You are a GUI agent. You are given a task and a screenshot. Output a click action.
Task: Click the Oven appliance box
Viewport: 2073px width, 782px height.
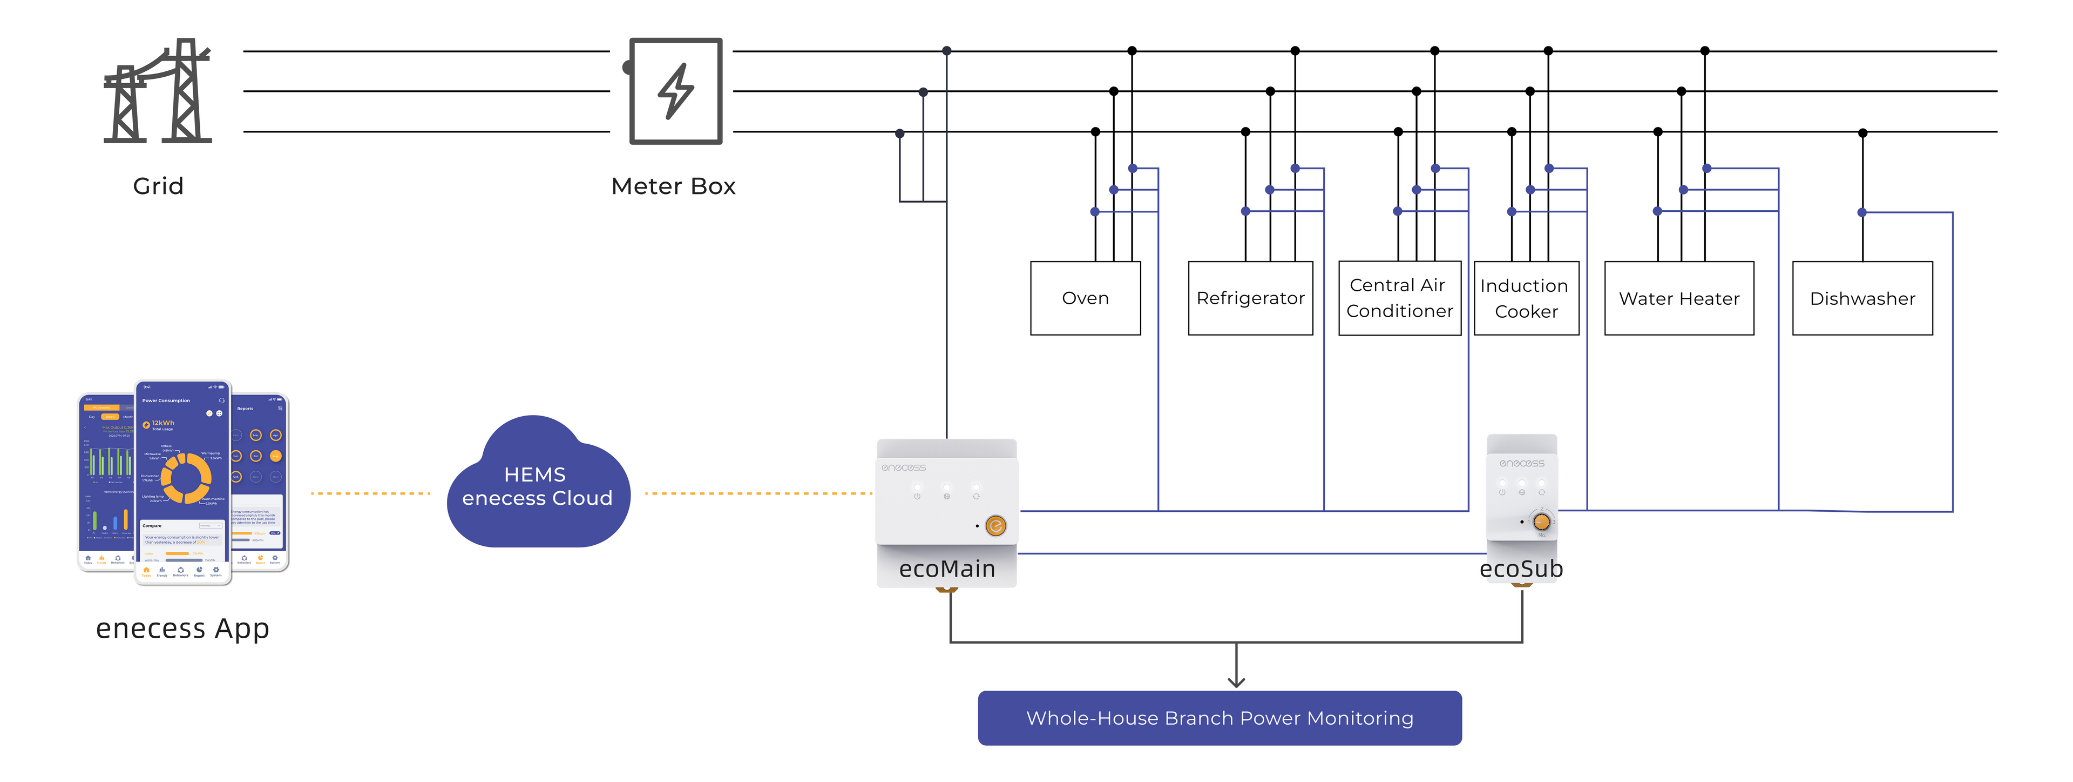pos(1085,298)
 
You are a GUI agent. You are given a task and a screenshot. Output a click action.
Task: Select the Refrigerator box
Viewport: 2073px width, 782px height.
pos(1250,298)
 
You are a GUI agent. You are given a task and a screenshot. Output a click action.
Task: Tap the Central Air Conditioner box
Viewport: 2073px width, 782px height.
pos(1399,298)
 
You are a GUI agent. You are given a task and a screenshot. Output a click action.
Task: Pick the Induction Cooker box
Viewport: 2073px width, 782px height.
pos(1526,298)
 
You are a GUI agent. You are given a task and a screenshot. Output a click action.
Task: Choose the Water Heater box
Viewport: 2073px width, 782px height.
pos(1679,298)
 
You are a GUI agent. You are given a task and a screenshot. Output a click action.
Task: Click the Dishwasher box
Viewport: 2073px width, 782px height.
pos(1862,298)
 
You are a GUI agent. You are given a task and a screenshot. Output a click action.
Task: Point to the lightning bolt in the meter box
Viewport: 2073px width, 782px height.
pos(676,91)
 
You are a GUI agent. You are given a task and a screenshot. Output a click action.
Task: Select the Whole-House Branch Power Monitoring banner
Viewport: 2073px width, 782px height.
pos(1219,718)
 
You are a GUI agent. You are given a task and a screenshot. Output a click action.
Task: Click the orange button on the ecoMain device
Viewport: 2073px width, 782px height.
pos(995,526)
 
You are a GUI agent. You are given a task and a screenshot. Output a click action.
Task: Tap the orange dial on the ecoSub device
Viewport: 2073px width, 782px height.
pos(1541,521)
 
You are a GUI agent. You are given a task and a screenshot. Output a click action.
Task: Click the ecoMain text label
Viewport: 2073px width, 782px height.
pos(947,569)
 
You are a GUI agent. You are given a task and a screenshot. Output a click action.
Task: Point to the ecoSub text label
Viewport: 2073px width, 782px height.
pos(1521,569)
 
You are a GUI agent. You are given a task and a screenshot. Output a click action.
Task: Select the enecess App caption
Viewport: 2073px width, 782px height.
pos(182,628)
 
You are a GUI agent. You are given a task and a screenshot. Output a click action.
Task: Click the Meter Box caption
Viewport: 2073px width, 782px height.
pos(674,186)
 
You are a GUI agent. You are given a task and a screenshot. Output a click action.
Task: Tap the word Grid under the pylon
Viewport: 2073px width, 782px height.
pos(159,186)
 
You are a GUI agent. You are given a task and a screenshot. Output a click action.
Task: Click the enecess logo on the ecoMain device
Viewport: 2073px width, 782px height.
pos(903,467)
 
